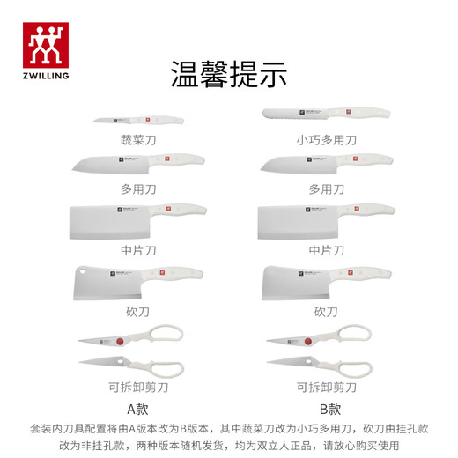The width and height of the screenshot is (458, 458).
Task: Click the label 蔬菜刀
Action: [x=137, y=139]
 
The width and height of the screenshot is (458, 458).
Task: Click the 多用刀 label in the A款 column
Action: [x=137, y=188]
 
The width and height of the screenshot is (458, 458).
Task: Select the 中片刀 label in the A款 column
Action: [x=137, y=249]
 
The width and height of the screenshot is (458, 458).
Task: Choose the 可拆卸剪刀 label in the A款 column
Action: [x=137, y=387]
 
